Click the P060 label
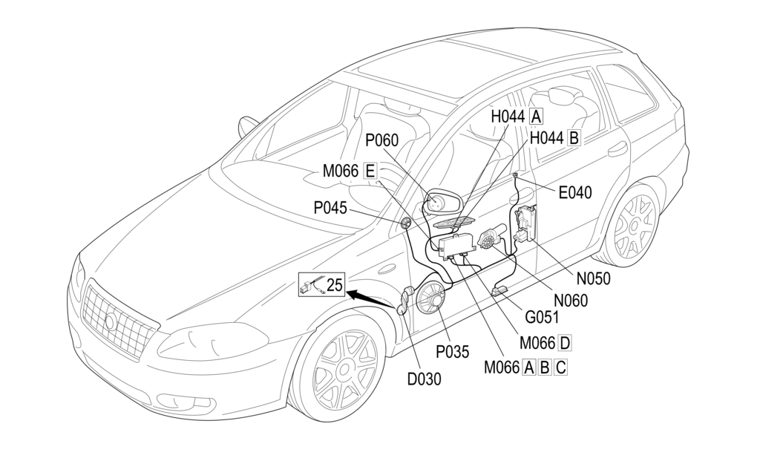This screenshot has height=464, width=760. pyautogui.click(x=382, y=140)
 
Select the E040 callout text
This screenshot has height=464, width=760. pyautogui.click(x=575, y=193)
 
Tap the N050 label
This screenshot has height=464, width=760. pyautogui.click(x=593, y=278)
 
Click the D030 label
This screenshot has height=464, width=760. pyautogui.click(x=424, y=379)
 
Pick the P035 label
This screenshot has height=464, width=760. pyautogui.click(x=452, y=352)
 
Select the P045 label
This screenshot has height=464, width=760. pyautogui.click(x=330, y=208)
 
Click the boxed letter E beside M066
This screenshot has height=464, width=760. pyautogui.click(x=370, y=171)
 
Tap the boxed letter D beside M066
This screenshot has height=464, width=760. pyautogui.click(x=565, y=342)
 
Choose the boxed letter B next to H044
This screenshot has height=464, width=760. pyautogui.click(x=574, y=137)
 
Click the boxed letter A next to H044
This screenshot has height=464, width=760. pyautogui.click(x=536, y=116)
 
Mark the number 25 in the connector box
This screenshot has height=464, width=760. pyautogui.click(x=335, y=283)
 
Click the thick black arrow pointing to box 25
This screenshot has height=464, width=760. pyautogui.click(x=371, y=298)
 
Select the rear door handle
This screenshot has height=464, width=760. pyautogui.click(x=617, y=150)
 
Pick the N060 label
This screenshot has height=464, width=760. pyautogui.click(x=569, y=301)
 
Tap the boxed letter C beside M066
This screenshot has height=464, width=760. pyautogui.click(x=560, y=366)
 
